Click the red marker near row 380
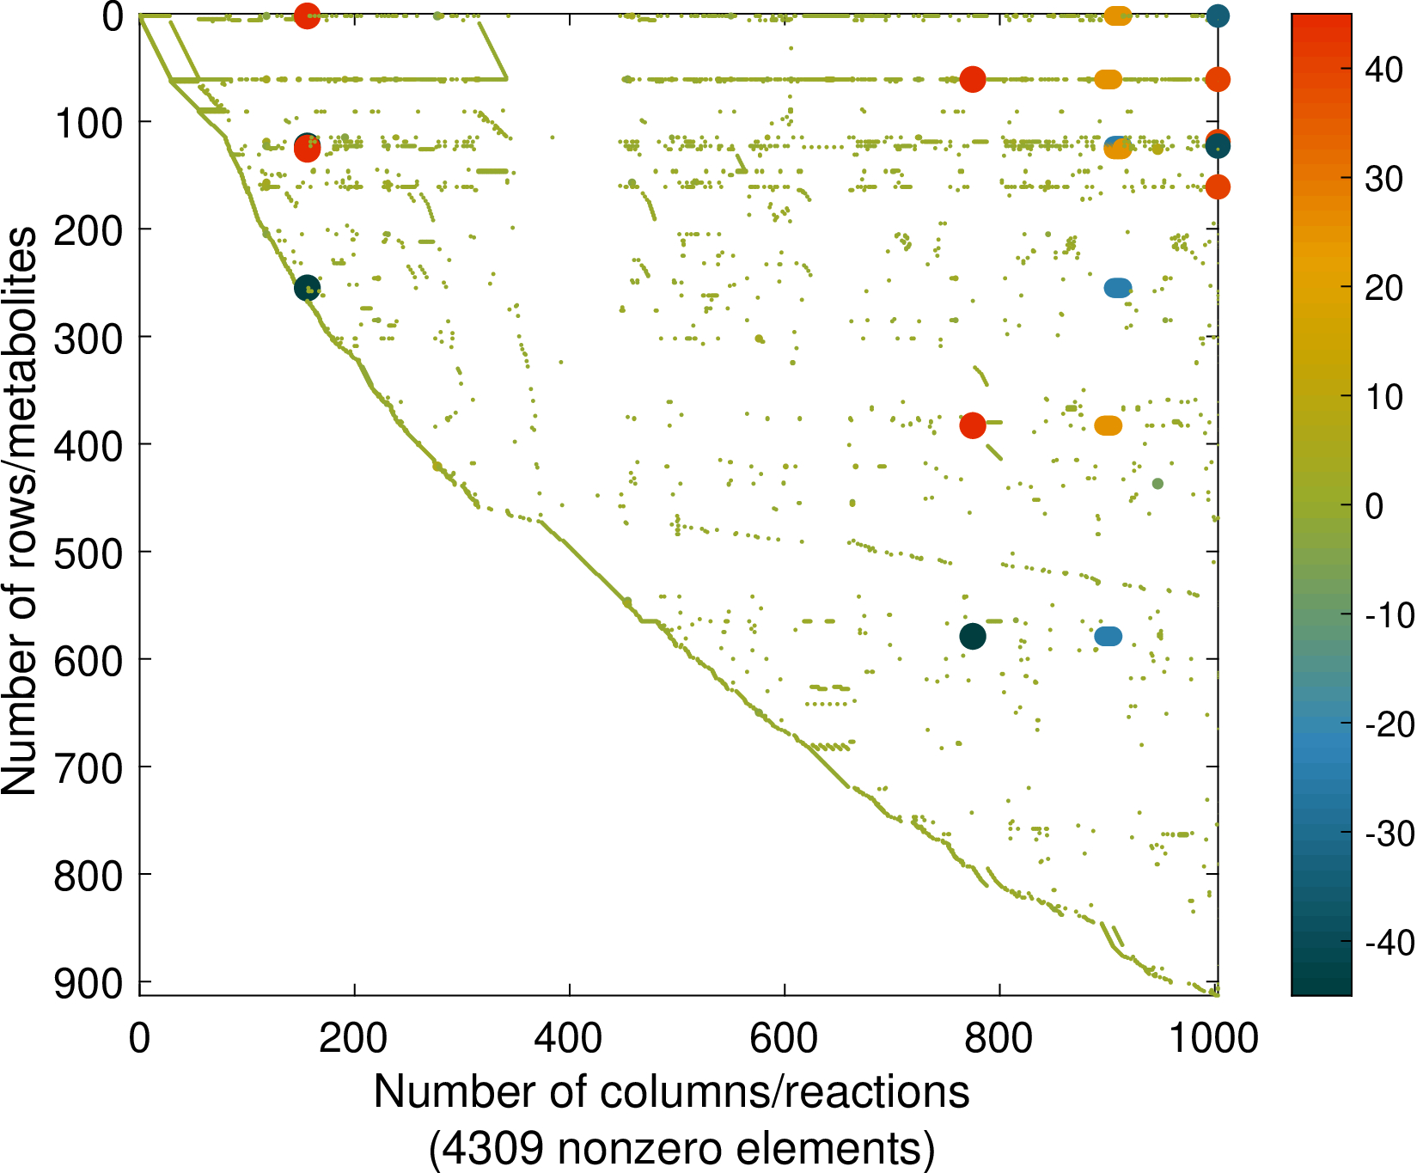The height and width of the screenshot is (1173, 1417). [972, 425]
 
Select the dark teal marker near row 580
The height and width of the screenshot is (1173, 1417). [972, 637]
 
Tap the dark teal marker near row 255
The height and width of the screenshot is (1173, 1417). [307, 288]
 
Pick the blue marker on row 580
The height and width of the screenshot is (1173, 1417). [1109, 637]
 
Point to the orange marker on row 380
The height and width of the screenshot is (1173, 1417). [1109, 425]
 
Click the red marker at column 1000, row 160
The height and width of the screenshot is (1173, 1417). [1217, 186]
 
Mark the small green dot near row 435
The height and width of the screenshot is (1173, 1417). [1157, 483]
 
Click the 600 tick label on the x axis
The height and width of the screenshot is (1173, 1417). [784, 1038]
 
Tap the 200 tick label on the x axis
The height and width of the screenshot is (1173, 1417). [353, 1038]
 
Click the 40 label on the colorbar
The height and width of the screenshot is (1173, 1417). [1383, 70]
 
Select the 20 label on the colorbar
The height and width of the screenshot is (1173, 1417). [1383, 289]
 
